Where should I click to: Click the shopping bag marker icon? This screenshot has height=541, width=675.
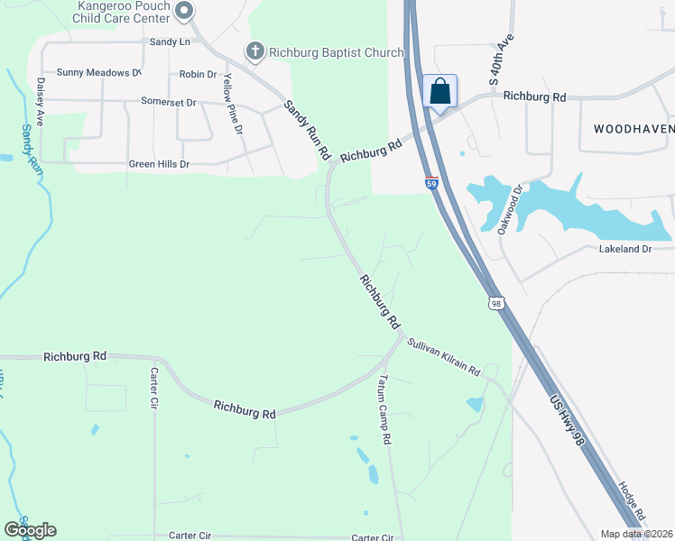[x=439, y=91]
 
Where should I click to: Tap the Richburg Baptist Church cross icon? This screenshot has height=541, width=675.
[x=255, y=52]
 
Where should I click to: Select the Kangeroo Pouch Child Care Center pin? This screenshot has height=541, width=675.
[x=184, y=12]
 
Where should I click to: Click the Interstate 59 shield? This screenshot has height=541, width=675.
[x=431, y=183]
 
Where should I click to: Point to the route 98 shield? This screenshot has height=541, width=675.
[x=496, y=303]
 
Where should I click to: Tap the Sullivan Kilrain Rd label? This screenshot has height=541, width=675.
[x=442, y=357]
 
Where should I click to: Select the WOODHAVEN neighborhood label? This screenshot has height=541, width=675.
[x=633, y=129]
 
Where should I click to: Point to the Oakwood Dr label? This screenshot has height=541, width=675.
[x=511, y=210]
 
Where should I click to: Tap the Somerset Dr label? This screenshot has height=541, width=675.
[x=169, y=103]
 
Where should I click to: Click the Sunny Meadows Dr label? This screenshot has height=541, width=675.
[x=99, y=72]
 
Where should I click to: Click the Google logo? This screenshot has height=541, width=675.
[x=30, y=530]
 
